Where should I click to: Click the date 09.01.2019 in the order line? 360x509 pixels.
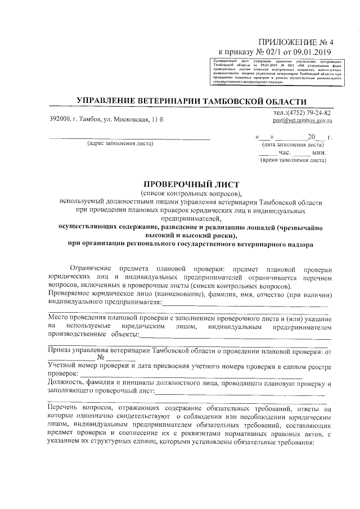pos(313,52)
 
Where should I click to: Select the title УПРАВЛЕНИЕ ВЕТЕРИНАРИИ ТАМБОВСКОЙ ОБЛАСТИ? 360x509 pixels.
pos(191,101)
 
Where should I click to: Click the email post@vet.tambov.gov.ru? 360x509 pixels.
pos(303,120)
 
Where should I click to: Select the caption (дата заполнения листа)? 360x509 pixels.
pos(292,145)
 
